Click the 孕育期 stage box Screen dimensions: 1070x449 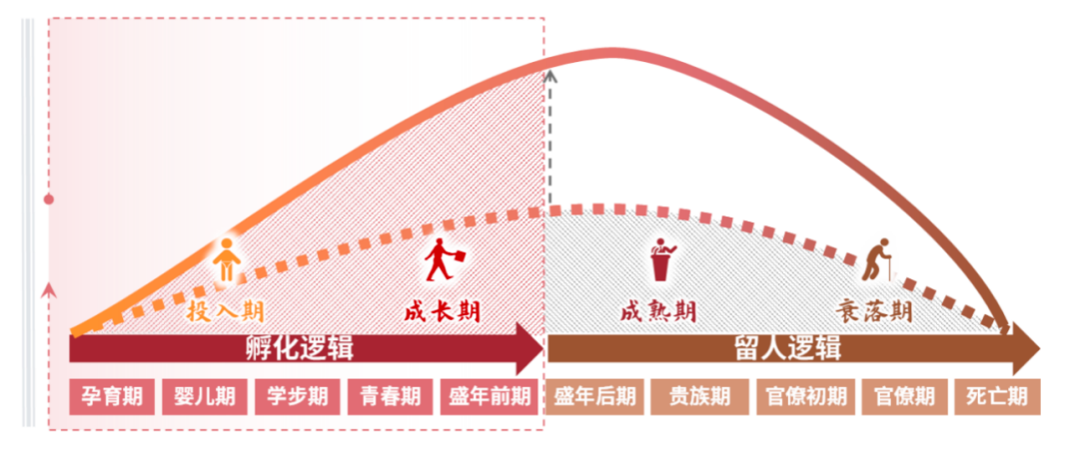click(112, 396)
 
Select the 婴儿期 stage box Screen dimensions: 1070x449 click(205, 396)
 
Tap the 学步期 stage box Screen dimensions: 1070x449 click(298, 396)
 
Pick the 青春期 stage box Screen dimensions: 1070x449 click(391, 396)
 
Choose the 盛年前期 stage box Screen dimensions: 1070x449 click(490, 396)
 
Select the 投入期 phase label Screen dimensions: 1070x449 click(225, 311)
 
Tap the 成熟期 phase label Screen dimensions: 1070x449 click(658, 311)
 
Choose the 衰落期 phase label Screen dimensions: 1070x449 click(874, 311)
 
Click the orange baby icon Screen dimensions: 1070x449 click(226, 261)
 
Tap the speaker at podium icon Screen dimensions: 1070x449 click(661, 259)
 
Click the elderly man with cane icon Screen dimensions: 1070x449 click(876, 259)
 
